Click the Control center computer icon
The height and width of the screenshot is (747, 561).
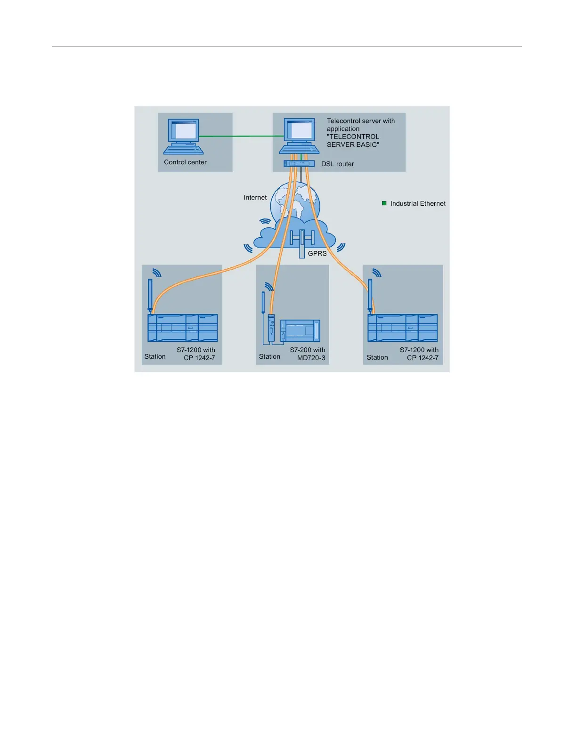coord(184,137)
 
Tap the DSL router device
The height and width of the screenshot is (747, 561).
coord(299,163)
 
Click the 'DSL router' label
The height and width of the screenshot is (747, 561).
coord(337,164)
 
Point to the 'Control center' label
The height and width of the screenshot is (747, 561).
coord(185,162)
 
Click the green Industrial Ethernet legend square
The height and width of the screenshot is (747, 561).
coord(384,203)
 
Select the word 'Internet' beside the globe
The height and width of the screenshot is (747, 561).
coord(255,198)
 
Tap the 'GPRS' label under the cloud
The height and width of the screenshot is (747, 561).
coord(317,254)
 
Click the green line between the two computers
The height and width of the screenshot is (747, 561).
coord(240,137)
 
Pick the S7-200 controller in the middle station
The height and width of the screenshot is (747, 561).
coord(300,330)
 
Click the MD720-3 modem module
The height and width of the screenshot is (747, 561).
coord(271,327)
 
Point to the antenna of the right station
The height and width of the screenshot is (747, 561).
coord(370,295)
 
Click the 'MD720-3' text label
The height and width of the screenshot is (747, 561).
coord(311,358)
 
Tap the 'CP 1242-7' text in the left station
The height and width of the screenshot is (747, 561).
coord(199,358)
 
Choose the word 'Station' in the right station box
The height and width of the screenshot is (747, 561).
coord(377,358)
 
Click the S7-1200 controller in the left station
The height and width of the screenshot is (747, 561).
coord(183,328)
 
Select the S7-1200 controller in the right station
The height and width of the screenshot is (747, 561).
coord(403,328)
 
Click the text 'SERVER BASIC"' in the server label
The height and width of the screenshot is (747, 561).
coord(353,145)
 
